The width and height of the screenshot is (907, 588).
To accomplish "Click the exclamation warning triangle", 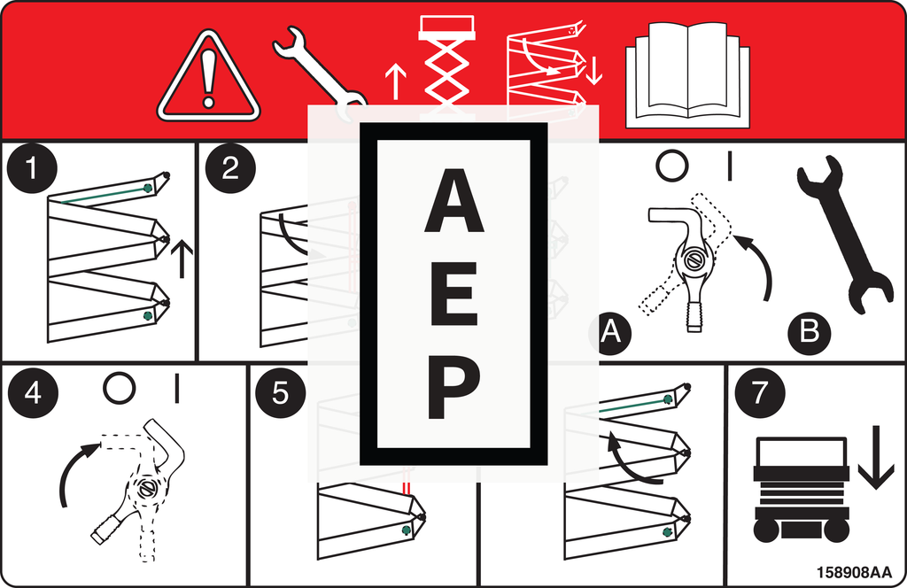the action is point(208,77).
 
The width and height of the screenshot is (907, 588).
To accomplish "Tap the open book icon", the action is point(687,75).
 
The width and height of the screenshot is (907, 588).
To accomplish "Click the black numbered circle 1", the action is point(32,168).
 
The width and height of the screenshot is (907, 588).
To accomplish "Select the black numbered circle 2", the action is point(230,168).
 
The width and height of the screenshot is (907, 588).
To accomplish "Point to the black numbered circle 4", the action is point(33,392).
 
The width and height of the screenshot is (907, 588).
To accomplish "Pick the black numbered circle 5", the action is point(280,392).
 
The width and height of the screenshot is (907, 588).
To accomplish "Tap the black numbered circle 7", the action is point(759,392).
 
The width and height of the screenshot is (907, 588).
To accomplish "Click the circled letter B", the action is point(810,332).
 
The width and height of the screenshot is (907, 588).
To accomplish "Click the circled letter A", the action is point(610,332).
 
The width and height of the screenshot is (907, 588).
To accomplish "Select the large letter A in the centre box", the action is point(454,201).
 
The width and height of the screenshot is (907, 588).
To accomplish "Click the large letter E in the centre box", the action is point(454,294).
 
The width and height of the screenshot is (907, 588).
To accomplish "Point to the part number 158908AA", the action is point(855,572).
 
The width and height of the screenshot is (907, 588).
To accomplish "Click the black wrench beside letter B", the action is point(844,234).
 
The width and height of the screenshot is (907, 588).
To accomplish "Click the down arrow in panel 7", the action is point(876,457).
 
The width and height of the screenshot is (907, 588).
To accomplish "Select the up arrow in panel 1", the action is point(182,259).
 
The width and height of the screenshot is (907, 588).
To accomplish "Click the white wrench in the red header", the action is point(320,73).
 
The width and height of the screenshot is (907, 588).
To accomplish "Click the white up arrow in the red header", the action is point(396,81).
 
